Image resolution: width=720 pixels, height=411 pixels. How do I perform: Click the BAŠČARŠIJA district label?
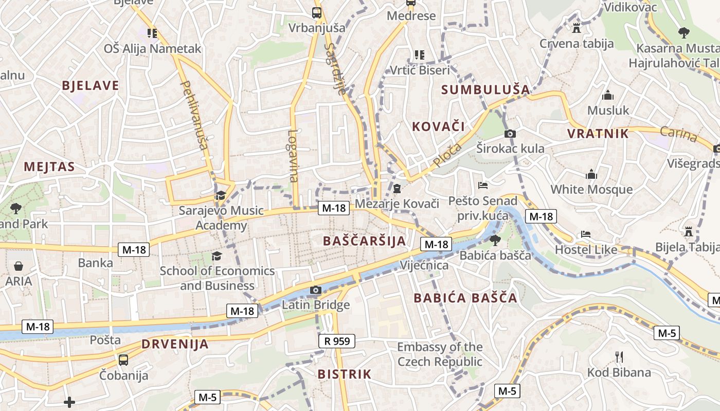(x=364, y=241)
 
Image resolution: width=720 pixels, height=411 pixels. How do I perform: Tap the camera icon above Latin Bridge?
(x=316, y=290)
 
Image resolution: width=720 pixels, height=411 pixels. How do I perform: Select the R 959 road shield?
(x=337, y=341)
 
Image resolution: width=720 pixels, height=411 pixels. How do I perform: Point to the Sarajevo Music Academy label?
(x=221, y=218)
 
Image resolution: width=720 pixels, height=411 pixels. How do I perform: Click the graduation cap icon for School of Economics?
(x=217, y=256)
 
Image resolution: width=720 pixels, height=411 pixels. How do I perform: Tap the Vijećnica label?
(x=424, y=266)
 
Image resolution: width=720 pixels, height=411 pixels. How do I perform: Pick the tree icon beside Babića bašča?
(x=495, y=240)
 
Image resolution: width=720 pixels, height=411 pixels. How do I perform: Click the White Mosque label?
(x=591, y=189)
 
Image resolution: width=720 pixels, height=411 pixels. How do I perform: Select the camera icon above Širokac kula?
(x=510, y=134)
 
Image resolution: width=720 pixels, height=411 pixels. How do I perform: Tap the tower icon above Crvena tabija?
(x=576, y=28)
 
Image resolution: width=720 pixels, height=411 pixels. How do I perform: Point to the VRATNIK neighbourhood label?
(x=598, y=134)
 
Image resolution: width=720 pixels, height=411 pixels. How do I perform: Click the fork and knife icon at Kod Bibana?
(x=619, y=357)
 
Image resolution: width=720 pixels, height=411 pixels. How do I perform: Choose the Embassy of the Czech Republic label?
(x=440, y=354)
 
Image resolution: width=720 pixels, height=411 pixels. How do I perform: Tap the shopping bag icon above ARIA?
(x=19, y=266)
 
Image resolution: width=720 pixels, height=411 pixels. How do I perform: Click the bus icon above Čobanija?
(x=123, y=360)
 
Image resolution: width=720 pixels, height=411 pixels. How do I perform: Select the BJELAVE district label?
(x=91, y=86)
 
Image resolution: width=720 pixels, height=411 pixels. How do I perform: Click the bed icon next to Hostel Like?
(x=586, y=234)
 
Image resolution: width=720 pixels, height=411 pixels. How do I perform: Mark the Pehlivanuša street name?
(x=194, y=115)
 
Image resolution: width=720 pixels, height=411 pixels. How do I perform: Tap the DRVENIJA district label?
(x=175, y=344)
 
